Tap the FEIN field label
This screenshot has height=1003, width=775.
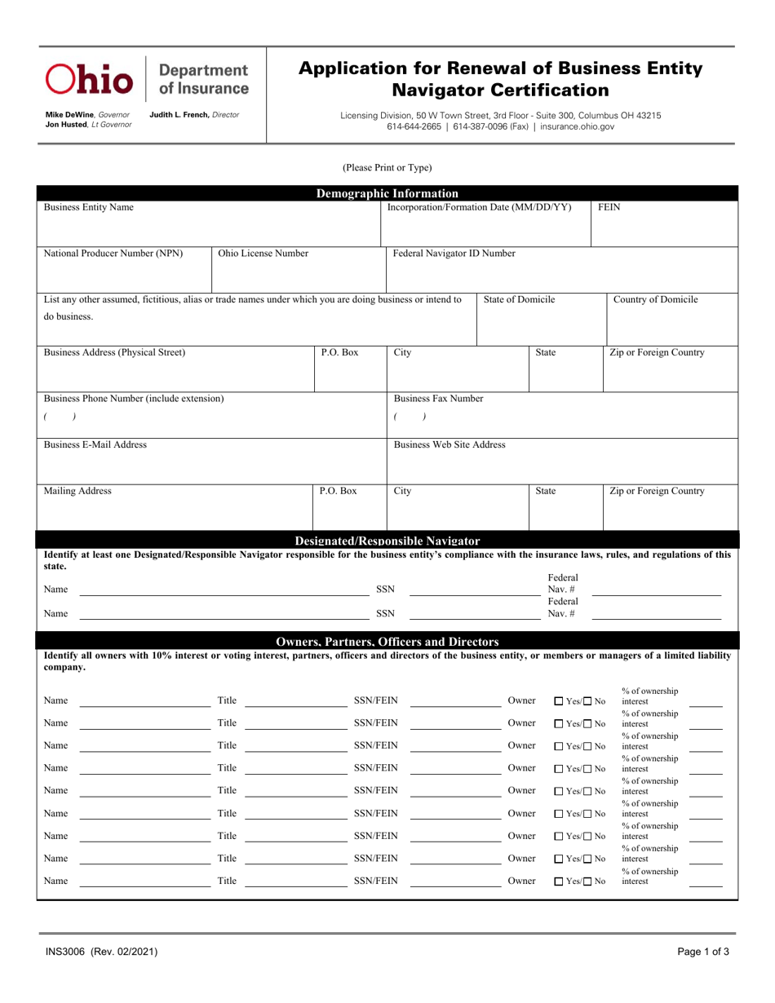click(x=609, y=207)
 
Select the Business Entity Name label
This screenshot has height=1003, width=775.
click(x=88, y=207)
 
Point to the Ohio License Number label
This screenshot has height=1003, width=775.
click(x=263, y=254)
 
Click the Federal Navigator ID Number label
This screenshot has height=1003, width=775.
click(x=454, y=254)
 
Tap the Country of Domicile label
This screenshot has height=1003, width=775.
click(x=655, y=300)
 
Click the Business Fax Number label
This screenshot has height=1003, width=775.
click(x=438, y=399)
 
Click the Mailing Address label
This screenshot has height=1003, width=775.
click(x=78, y=492)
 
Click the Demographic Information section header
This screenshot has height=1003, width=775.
click(x=387, y=193)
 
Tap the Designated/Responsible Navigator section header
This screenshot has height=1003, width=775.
click(x=387, y=541)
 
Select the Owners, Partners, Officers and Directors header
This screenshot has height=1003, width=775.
click(x=387, y=641)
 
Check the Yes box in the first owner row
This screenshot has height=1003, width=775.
click(x=559, y=701)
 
